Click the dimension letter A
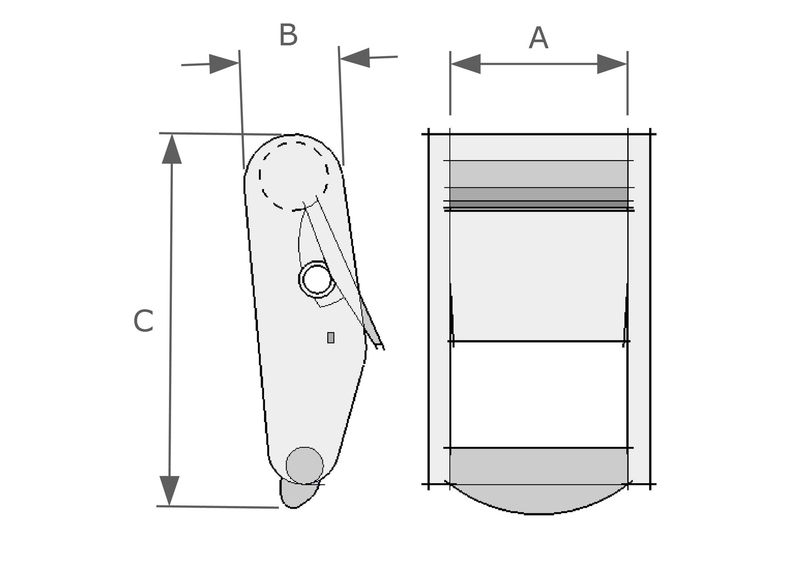(538, 38)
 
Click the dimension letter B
(288, 35)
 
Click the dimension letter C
(143, 321)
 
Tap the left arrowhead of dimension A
(466, 64)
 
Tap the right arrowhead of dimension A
(612, 64)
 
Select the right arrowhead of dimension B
(355, 57)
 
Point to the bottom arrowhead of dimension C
(169, 490)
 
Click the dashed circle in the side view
(259, 176)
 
